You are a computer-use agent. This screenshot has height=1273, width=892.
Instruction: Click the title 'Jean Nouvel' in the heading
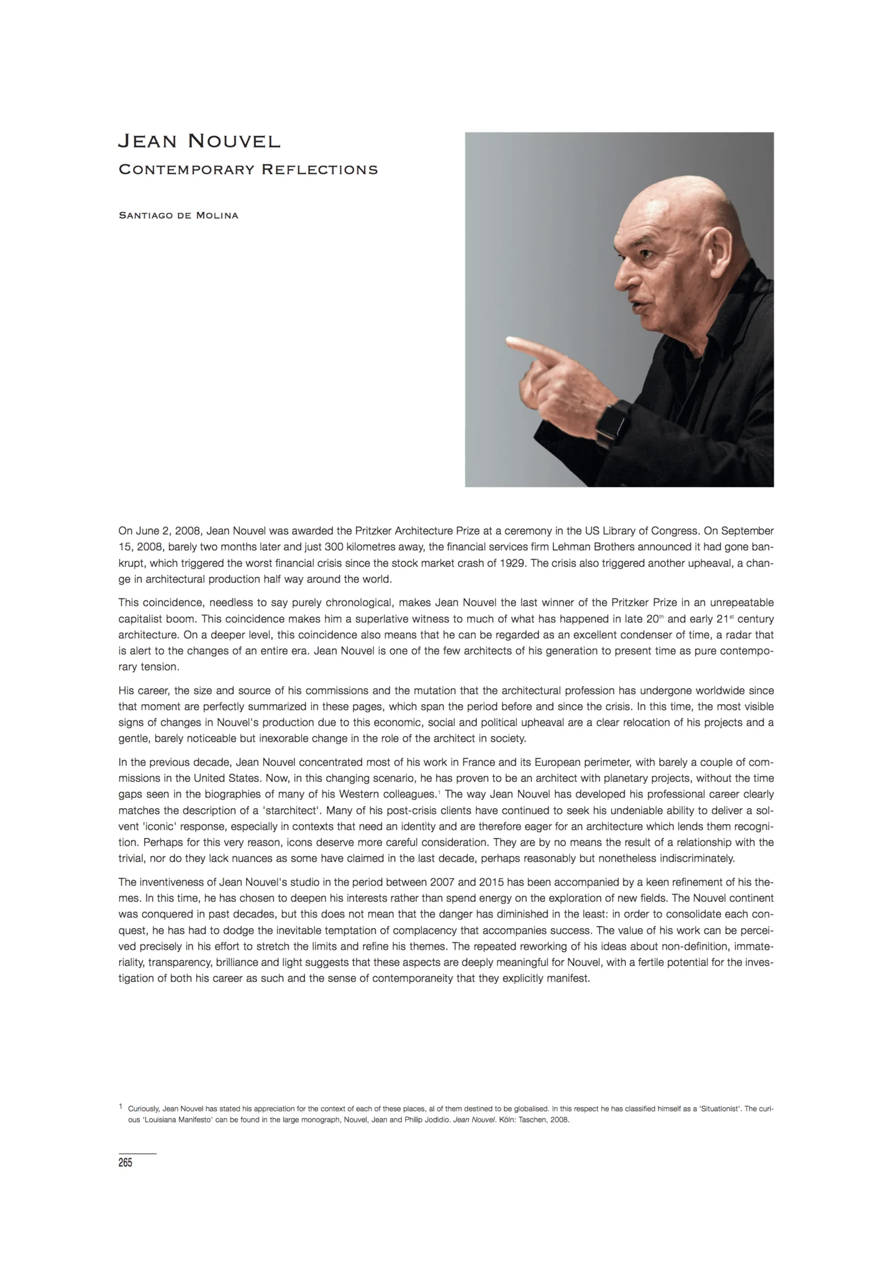click(199, 142)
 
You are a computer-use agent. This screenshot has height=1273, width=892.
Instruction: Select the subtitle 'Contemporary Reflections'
click(248, 170)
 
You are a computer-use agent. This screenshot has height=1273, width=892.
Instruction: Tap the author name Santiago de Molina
click(178, 216)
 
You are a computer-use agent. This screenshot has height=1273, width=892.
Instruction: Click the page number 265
click(125, 1163)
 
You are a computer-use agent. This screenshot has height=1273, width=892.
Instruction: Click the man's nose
click(622, 279)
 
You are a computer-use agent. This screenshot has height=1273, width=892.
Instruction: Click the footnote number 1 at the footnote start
click(120, 1107)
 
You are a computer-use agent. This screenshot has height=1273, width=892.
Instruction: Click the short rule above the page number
click(137, 1153)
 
